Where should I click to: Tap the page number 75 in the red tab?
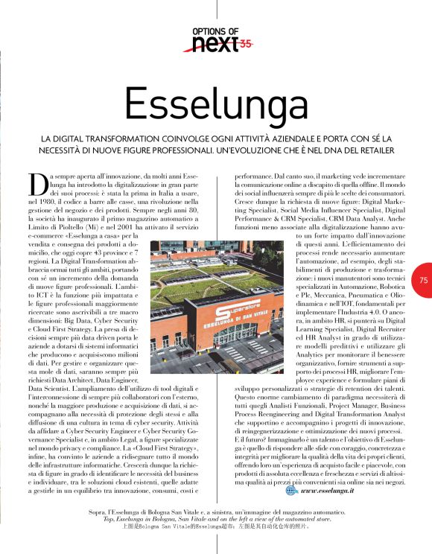click(x=423, y=280)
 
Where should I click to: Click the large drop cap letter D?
click(x=37, y=182)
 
